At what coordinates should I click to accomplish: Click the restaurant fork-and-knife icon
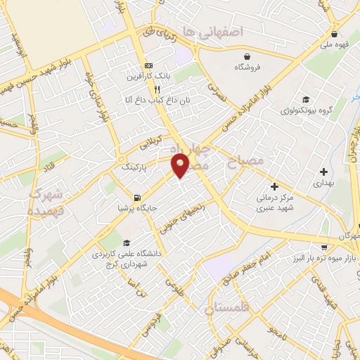pyautogui.click(x=157, y=89)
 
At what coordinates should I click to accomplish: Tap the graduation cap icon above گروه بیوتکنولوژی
pyautogui.click(x=305, y=100)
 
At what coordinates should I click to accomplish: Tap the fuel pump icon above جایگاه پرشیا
pyautogui.click(x=136, y=197)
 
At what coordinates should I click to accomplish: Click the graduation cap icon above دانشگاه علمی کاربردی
pyautogui.click(x=127, y=243)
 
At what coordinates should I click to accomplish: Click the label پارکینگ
pyautogui.click(x=135, y=169)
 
